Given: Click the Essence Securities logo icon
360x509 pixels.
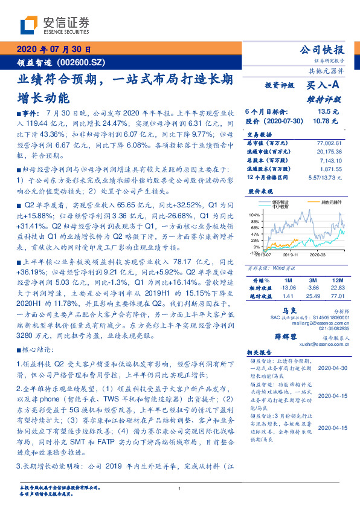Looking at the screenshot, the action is pos(29,26).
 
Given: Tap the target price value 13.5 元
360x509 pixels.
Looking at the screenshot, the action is pos(332,112).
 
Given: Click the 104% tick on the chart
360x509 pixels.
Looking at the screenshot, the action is pos(254,215).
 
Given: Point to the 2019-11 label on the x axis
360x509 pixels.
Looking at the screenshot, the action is pos(291,256).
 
